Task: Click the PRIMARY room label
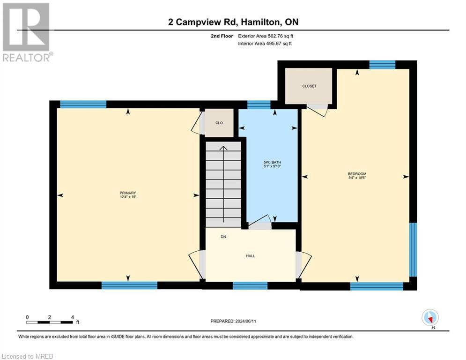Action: pyautogui.click(x=127, y=193)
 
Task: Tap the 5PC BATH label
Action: pyautogui.click(x=272, y=162)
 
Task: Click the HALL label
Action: pyautogui.click(x=251, y=256)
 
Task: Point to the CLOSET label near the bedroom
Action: pyautogui.click(x=309, y=86)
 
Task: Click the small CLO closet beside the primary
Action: pyautogui.click(x=219, y=123)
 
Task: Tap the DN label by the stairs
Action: pyautogui.click(x=223, y=237)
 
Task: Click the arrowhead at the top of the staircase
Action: pyautogui.click(x=223, y=149)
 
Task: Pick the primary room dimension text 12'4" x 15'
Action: pyautogui.click(x=127, y=197)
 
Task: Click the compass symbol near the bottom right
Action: pyautogui.click(x=429, y=317)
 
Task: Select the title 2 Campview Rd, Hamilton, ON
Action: pyautogui.click(x=233, y=22)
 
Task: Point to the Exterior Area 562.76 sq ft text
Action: pyautogui.click(x=266, y=36)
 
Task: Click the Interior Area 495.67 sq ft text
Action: pyautogui.click(x=265, y=44)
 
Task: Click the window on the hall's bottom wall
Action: pyautogui.click(x=250, y=285)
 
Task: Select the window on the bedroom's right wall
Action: pyautogui.click(x=413, y=249)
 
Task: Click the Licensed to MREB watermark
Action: pyautogui.click(x=28, y=356)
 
